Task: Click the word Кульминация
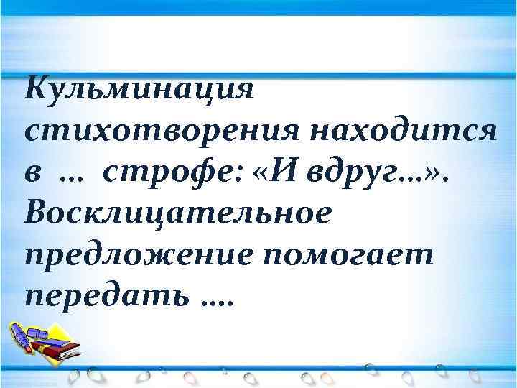point(139,92)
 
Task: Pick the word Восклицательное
point(178,214)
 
